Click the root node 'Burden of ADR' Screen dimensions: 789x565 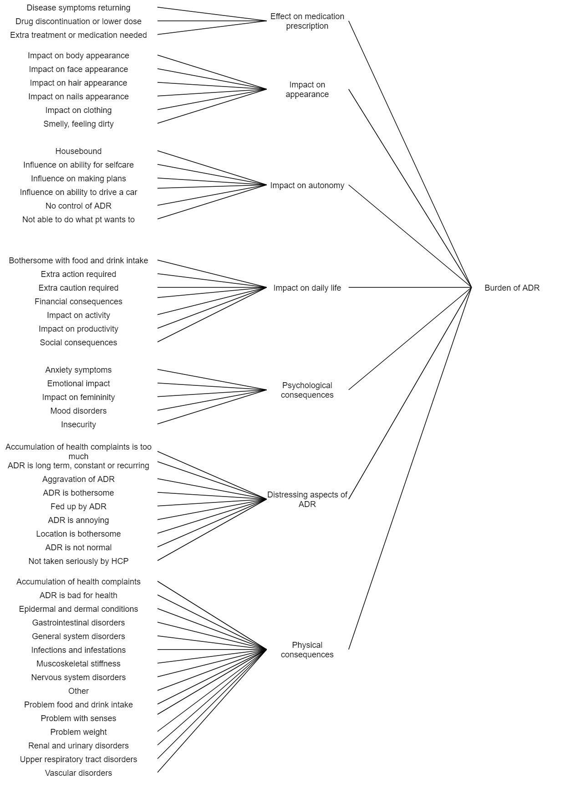pos(512,288)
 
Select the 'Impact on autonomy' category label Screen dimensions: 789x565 pos(307,185)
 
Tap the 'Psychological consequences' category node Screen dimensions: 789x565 pos(307,390)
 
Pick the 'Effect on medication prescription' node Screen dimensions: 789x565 pos(307,21)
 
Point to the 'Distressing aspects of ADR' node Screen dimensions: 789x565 pos(307,499)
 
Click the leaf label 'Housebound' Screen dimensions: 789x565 pos(78,151)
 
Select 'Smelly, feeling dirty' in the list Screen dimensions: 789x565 pos(78,124)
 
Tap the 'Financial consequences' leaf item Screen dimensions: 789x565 pos(78,302)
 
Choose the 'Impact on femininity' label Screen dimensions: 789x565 pos(78,397)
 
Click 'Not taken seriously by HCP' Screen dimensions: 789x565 pos(78,561)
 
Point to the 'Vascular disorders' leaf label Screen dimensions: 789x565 pos(78,773)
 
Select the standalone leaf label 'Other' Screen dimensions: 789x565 pos(78,691)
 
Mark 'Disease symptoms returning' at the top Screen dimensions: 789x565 pos(78,8)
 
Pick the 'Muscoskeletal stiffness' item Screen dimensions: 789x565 pos(78,664)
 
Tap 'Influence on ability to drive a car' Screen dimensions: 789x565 pos(78,192)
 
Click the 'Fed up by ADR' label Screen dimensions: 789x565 pos(78,507)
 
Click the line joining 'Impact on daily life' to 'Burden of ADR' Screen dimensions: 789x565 pos(410,287)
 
